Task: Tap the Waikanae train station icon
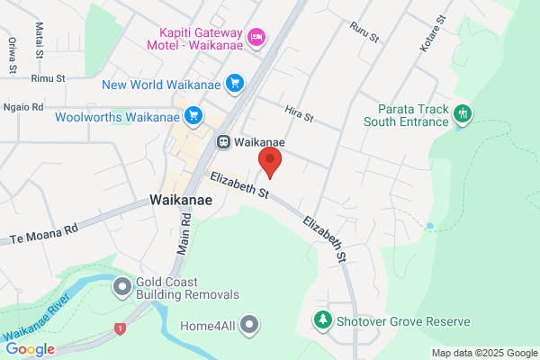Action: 222,141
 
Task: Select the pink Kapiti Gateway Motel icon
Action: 256,36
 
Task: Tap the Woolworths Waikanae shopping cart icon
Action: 193,116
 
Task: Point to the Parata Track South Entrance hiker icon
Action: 463,114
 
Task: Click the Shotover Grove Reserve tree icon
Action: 321,319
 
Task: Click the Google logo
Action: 30,349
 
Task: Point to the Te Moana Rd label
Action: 44,236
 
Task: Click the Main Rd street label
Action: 184,232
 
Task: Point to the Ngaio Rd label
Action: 25,107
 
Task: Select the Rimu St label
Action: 49,79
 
